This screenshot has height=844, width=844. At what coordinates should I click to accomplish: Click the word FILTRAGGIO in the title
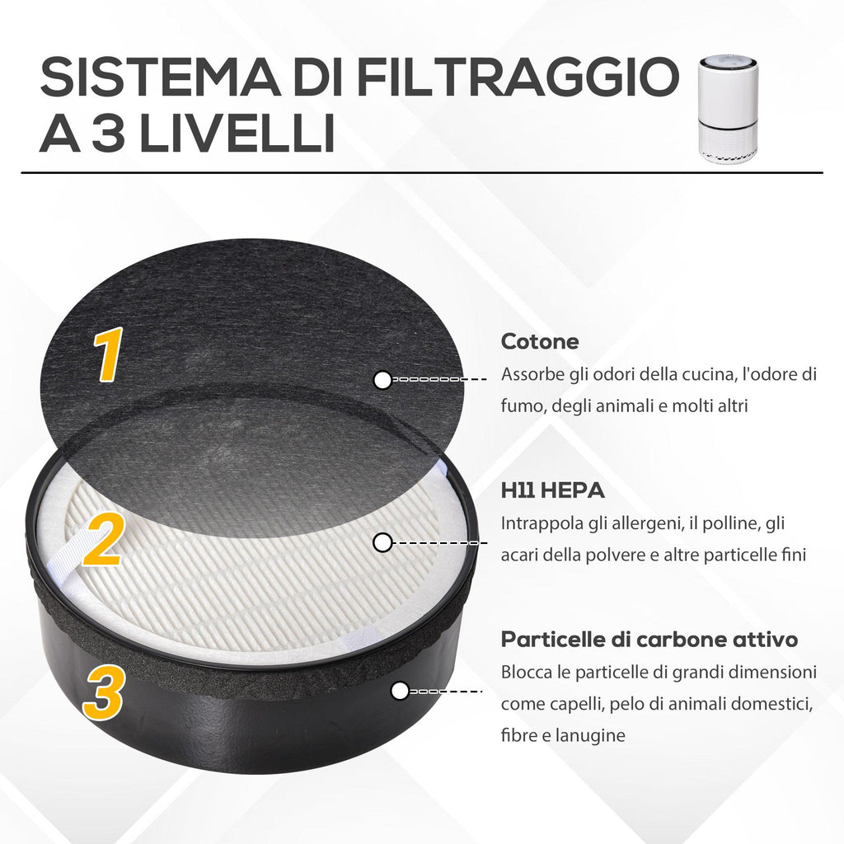coord(518,77)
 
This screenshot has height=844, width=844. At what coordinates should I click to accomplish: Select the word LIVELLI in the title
coord(237,133)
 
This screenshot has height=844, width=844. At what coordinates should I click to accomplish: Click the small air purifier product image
coord(729,110)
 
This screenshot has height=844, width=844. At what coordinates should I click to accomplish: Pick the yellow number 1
coord(108,355)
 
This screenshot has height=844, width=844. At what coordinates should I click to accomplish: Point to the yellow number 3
coord(103,692)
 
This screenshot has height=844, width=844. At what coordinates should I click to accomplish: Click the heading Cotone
coord(540,341)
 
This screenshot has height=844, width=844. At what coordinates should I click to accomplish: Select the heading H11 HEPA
coord(553,490)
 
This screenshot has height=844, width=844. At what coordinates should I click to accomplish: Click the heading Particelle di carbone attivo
coord(649,640)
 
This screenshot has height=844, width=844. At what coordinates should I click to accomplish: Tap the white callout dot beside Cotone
coord(382,380)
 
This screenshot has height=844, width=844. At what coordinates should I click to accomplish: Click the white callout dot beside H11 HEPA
coord(382,542)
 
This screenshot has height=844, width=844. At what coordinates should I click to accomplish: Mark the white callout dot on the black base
coord(400,692)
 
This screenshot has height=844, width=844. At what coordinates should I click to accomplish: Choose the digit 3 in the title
coord(108,133)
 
